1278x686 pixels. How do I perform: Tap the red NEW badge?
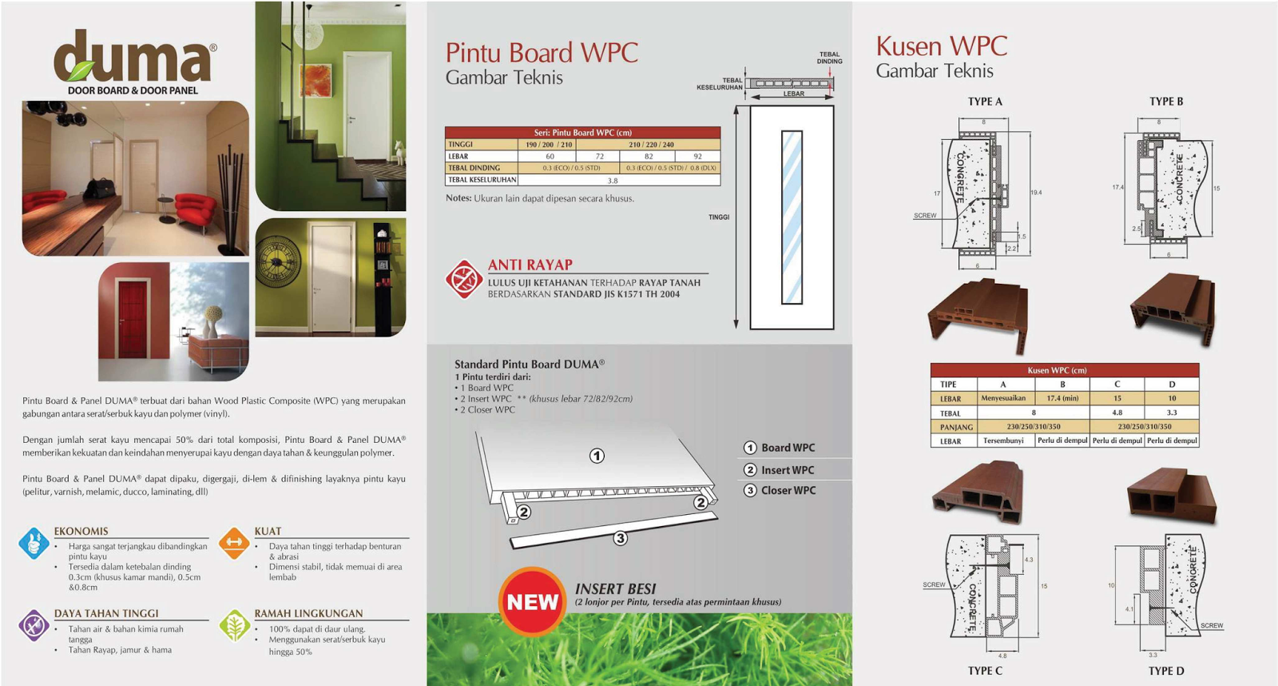tap(532, 602)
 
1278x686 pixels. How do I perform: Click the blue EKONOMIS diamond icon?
tap(34, 543)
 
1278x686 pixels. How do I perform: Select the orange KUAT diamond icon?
tap(234, 543)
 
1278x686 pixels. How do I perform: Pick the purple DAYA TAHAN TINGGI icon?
tap(34, 625)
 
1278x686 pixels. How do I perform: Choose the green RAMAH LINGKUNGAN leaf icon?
tap(234, 625)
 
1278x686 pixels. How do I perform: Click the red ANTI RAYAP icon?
tap(463, 279)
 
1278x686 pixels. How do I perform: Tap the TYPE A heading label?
tap(985, 102)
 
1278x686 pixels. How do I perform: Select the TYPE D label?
tap(1166, 671)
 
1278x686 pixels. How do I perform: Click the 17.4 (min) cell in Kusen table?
tap(1062, 398)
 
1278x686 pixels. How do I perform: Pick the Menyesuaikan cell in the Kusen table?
tap(1003, 398)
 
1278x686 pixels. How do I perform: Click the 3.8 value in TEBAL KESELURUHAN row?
tap(613, 181)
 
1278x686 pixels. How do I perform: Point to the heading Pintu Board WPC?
tap(542, 53)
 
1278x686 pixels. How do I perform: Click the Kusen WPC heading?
tap(941, 46)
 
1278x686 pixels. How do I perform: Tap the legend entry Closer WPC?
tap(788, 490)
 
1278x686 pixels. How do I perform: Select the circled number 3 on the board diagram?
tap(621, 538)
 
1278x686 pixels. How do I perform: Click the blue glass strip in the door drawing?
tap(792, 217)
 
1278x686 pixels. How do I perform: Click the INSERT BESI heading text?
tap(615, 589)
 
